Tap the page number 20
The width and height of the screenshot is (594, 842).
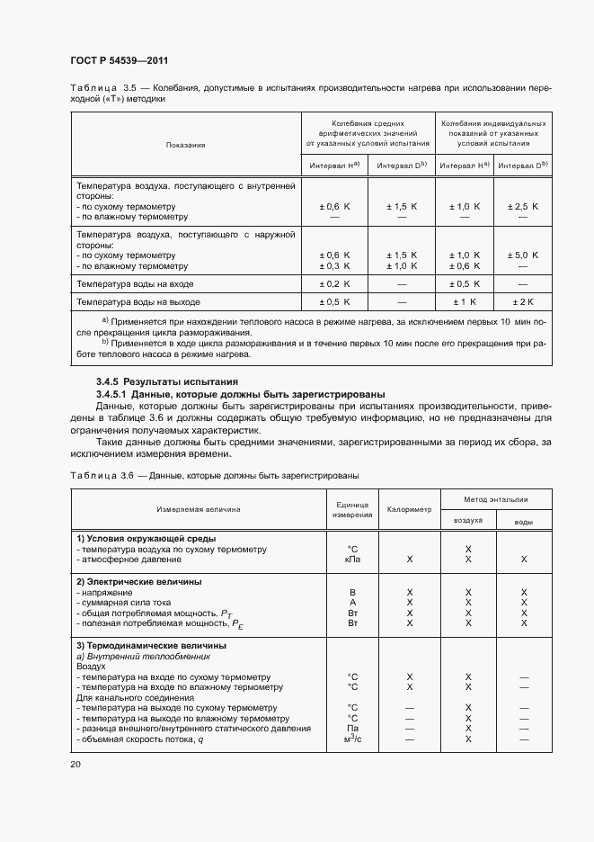tap(75, 764)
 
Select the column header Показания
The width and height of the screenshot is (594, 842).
tap(185, 144)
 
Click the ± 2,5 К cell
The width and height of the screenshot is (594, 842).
tap(523, 206)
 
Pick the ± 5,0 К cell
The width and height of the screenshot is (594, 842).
tap(523, 255)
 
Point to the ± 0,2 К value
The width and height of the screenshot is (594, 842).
tap(334, 283)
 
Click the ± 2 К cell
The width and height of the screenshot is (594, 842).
tap(523, 301)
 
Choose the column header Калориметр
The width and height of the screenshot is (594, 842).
tap(409, 509)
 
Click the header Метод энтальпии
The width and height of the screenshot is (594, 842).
tap(496, 498)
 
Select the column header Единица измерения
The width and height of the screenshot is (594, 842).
tap(352, 509)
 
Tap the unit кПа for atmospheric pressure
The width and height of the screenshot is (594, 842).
tap(352, 559)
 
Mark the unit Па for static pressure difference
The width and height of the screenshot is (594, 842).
tap(352, 728)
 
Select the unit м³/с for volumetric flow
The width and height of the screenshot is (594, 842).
tap(352, 739)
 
